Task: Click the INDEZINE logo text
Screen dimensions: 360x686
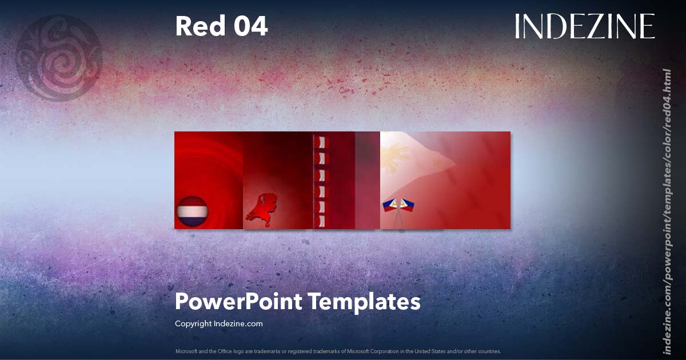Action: coord(584,26)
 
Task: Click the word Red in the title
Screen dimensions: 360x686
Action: coord(195,26)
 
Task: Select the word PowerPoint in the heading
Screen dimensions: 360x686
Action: coord(238,302)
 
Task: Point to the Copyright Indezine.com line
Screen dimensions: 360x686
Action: coord(218,323)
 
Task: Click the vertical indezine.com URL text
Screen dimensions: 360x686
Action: coord(667,211)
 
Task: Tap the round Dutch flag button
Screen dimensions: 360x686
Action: coord(192,211)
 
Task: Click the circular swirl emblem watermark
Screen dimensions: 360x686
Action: coord(59,58)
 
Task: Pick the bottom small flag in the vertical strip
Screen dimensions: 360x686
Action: coord(321,221)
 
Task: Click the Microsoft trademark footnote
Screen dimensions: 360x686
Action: coord(338,351)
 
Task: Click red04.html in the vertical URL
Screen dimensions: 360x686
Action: coord(667,91)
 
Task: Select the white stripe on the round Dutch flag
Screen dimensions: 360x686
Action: coord(192,211)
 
